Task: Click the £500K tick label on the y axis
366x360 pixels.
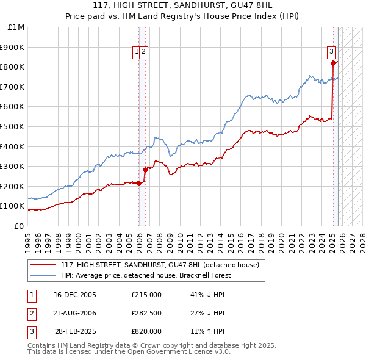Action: click(x=13, y=126)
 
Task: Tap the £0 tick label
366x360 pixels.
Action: click(x=20, y=226)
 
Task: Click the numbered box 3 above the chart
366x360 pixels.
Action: click(x=331, y=52)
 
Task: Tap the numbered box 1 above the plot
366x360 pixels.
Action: click(x=137, y=52)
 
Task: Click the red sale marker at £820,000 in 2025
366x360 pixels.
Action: click(x=333, y=63)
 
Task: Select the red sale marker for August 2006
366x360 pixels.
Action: click(x=145, y=170)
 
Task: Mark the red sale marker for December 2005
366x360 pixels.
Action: click(x=138, y=183)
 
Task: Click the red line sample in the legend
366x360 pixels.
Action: click(x=43, y=265)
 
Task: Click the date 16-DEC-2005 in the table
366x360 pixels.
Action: click(x=75, y=295)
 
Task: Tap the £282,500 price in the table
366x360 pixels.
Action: click(x=146, y=313)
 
